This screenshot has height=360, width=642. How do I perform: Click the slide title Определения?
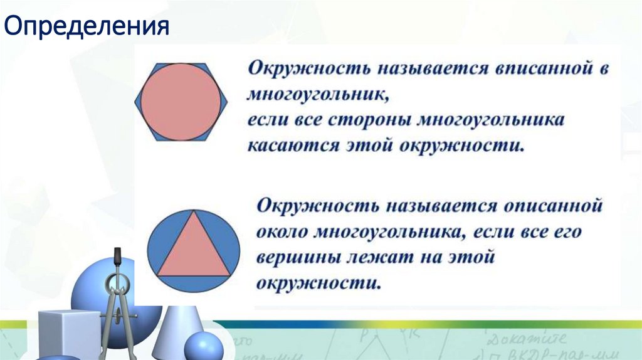(x=87, y=28)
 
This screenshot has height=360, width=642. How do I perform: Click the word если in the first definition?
(x=265, y=119)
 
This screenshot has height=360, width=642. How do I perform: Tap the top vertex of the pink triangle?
(x=193, y=212)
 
